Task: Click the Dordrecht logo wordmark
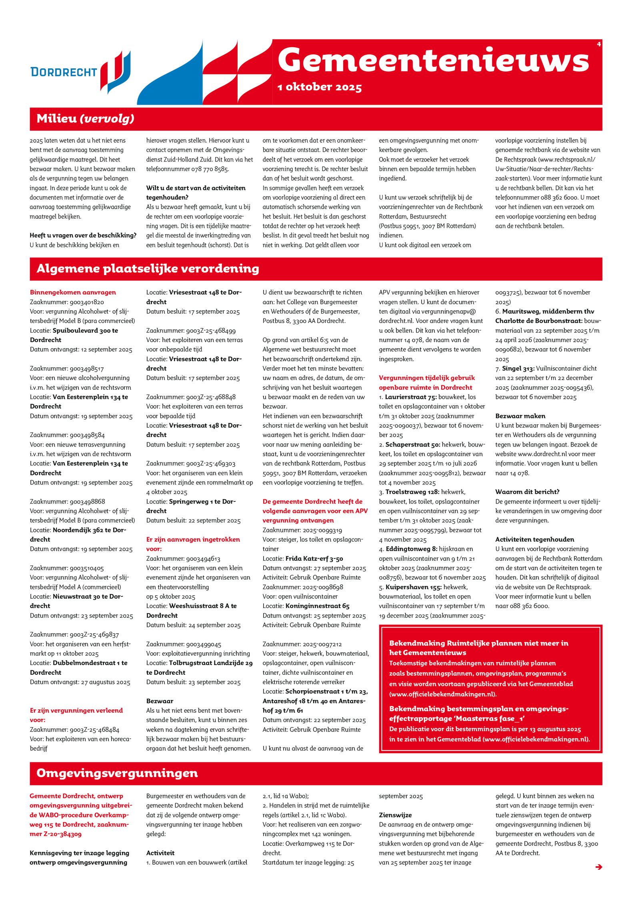(64, 72)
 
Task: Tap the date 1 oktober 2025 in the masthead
(320, 87)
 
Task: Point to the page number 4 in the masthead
(598, 44)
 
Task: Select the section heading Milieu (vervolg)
(85, 119)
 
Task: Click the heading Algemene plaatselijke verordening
(148, 269)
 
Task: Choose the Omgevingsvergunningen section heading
(117, 773)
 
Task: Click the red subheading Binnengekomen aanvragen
(73, 292)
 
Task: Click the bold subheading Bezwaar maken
(520, 416)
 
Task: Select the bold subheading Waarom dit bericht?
(527, 492)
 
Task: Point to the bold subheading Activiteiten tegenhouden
(534, 539)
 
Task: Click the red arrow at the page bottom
(598, 867)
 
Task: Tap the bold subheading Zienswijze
(395, 815)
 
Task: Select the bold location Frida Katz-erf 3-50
(314, 558)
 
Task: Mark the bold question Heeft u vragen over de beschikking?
(83, 235)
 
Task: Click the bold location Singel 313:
(518, 369)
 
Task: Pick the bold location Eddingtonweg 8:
(411, 549)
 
